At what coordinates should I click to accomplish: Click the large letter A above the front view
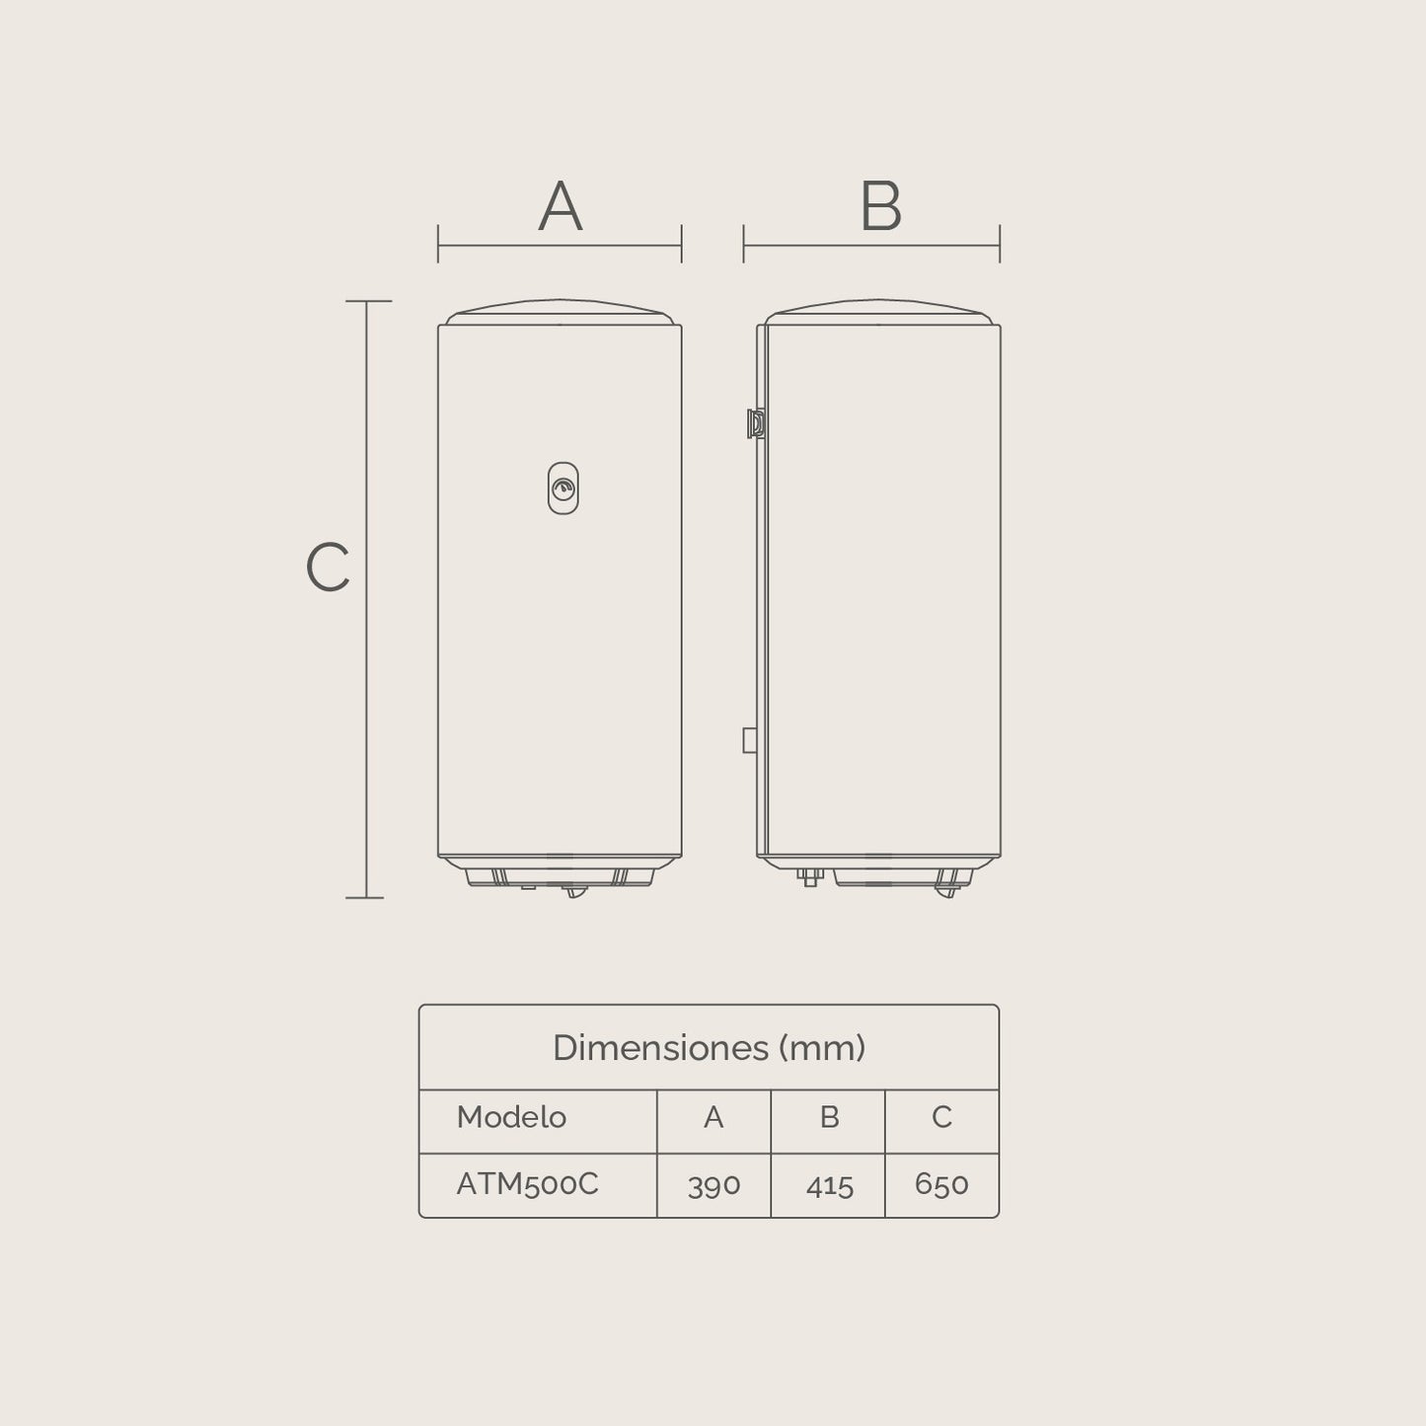tap(560, 206)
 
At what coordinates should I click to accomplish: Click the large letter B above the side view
tap(880, 206)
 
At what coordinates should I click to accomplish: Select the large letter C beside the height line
tap(328, 567)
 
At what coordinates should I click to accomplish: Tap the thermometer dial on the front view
tap(563, 488)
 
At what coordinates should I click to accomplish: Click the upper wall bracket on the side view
tap(754, 423)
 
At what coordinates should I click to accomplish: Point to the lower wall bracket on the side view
tap(750, 740)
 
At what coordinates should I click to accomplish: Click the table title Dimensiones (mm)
tap(709, 1047)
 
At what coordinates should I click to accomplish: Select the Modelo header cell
tap(511, 1117)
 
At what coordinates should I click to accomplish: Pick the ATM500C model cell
tap(527, 1183)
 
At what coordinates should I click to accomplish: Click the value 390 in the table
tap(713, 1184)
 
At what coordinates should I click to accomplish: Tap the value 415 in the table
tap(829, 1184)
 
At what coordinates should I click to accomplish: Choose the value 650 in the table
tap(941, 1183)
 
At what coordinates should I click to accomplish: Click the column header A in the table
tap(713, 1117)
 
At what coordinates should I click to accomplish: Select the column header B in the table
tap(829, 1117)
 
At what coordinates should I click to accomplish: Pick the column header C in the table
tap(941, 1117)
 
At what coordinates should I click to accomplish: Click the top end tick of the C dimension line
tap(367, 301)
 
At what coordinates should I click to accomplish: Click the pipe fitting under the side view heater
tap(810, 876)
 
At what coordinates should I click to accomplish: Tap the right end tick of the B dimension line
tap(1000, 244)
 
